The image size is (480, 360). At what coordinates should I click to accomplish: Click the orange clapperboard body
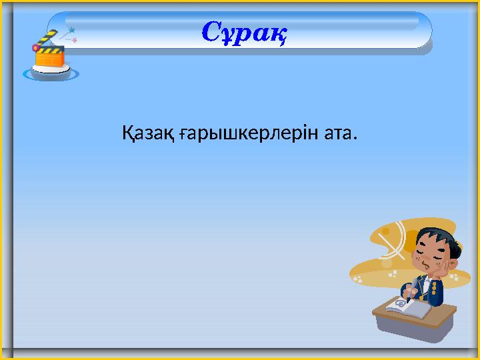(49, 58)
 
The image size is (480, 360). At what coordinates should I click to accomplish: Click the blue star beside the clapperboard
(71, 30)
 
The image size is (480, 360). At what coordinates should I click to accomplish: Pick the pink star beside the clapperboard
(75, 41)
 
